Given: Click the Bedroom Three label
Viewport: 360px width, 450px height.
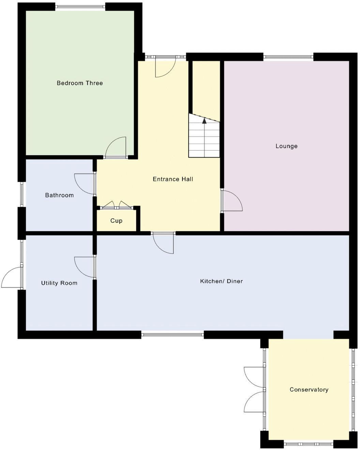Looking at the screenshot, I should [79, 83].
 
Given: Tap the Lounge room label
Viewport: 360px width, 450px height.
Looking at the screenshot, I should [286, 146].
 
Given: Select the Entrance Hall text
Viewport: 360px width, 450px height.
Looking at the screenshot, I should [173, 179].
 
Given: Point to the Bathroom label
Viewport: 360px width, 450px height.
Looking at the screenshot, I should [59, 195].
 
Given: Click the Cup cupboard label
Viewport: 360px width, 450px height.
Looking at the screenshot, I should [116, 221].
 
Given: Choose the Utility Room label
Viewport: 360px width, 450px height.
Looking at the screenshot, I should [59, 283].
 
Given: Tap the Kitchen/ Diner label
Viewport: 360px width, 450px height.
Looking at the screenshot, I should [221, 281].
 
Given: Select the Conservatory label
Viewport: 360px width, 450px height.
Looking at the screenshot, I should [309, 389].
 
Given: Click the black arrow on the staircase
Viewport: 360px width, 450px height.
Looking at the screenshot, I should [204, 120].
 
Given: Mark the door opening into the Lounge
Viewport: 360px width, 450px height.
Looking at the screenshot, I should [232, 201].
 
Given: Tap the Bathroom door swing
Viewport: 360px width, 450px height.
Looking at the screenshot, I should [85, 184].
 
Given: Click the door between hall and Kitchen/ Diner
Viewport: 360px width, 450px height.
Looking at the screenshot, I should [163, 243].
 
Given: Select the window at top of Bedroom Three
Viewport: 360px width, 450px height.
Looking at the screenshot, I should [80, 6].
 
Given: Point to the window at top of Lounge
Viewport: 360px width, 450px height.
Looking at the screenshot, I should [288, 57].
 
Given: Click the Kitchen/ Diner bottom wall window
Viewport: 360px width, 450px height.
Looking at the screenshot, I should [172, 335].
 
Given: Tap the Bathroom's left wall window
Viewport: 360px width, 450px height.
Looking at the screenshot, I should [21, 194].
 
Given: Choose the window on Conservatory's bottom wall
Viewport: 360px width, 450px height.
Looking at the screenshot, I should [309, 444].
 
